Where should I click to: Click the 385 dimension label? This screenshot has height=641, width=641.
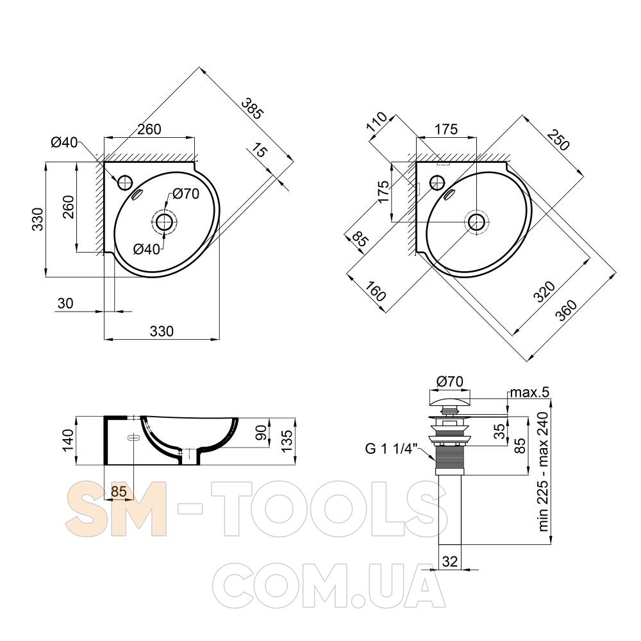[x=251, y=108]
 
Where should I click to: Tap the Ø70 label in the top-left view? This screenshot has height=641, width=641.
[x=186, y=194]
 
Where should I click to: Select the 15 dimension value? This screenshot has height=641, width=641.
[x=259, y=151]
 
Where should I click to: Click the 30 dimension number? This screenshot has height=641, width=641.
[x=65, y=303]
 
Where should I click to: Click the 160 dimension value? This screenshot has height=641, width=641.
[x=375, y=290]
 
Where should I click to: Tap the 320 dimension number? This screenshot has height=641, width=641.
[x=545, y=292]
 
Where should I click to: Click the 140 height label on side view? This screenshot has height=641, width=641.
[x=68, y=440]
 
